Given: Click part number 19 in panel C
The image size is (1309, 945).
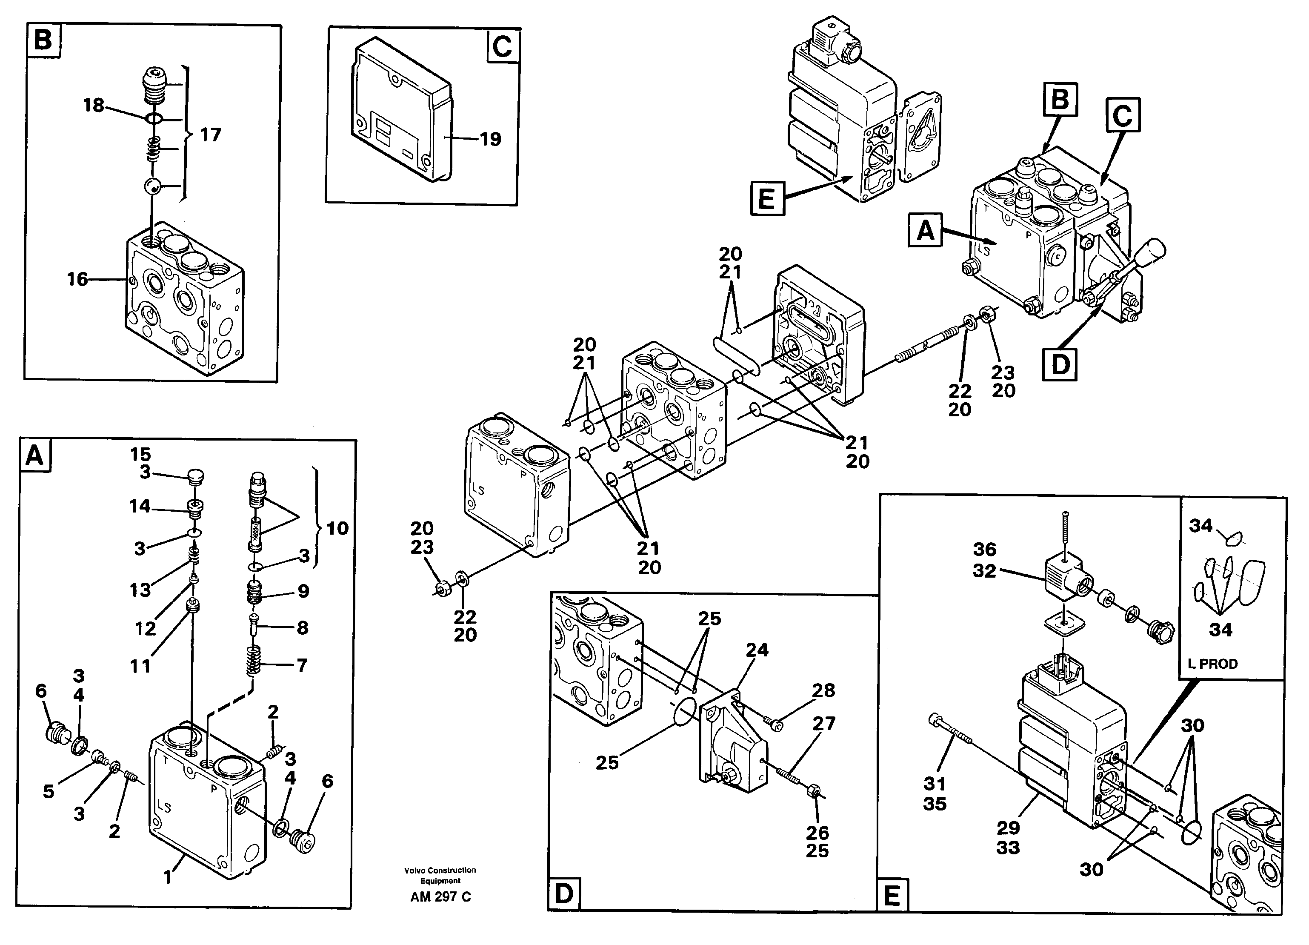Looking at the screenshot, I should pyautogui.click(x=491, y=139).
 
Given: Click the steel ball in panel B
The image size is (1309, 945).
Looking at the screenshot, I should pyautogui.click(x=153, y=186).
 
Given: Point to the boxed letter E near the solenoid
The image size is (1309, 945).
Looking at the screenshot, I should pyautogui.click(x=767, y=199).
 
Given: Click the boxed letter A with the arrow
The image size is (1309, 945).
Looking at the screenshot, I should pyautogui.click(x=925, y=230).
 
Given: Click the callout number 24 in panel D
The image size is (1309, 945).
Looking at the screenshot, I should pyautogui.click(x=757, y=650).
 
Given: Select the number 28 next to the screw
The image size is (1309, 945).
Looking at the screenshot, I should pyautogui.click(x=823, y=690).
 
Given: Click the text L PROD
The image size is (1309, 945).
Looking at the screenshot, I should pyautogui.click(x=1213, y=664).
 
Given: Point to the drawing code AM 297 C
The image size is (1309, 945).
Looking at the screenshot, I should pyautogui.click(x=440, y=896).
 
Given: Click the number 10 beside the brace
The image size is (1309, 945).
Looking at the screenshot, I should pyautogui.click(x=337, y=528).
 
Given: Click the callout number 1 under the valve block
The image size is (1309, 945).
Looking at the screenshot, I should pyautogui.click(x=167, y=877).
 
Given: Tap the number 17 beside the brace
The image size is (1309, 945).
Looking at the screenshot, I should pyautogui.click(x=210, y=135).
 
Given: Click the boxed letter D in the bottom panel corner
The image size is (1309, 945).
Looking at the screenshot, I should pyautogui.click(x=564, y=894).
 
